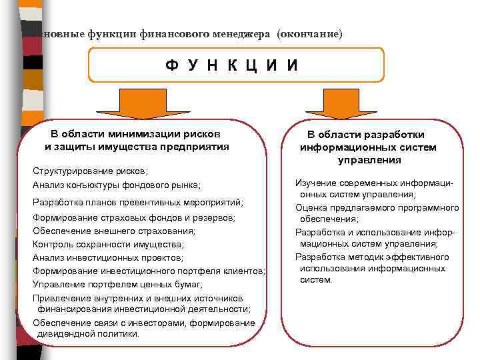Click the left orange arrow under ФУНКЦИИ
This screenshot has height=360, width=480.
click(136, 103)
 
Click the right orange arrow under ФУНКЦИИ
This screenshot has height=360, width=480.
click(341, 103)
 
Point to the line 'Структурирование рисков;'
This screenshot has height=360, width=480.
click(90, 171)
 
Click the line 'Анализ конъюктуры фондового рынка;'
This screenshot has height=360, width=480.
click(116, 185)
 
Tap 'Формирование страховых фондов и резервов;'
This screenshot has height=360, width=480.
click(134, 218)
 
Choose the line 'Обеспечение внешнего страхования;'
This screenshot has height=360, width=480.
click(114, 231)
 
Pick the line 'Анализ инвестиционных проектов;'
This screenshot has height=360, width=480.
click(107, 257)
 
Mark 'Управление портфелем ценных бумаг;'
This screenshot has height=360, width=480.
click(117, 284)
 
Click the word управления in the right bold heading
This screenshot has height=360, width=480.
click(369, 160)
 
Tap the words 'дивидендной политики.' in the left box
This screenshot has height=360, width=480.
click(89, 333)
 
